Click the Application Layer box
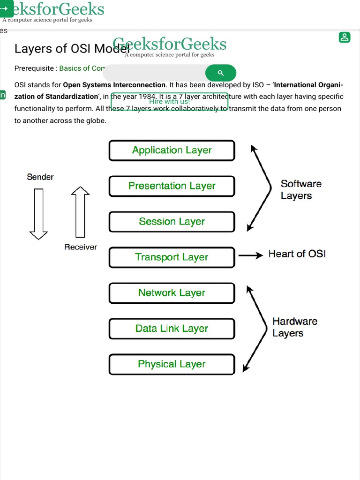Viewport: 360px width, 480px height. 172,150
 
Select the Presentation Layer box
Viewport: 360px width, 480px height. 172,186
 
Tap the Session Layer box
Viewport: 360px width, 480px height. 172,222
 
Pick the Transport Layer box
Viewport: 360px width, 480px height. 172,257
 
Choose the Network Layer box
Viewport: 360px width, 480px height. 172,293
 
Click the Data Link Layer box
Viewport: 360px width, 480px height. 172,329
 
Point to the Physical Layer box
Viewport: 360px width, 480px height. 172,364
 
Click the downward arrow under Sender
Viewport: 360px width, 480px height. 38,213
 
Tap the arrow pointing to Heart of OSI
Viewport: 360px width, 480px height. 250,255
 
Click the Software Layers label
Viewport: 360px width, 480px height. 301,189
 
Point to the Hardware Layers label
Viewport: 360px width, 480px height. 295,327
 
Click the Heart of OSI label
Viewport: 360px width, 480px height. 297,254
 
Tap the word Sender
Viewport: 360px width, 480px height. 40,177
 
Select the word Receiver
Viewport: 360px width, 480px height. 81,247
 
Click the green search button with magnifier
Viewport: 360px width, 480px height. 221,73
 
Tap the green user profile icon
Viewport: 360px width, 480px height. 345,37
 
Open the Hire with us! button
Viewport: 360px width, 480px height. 169,101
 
